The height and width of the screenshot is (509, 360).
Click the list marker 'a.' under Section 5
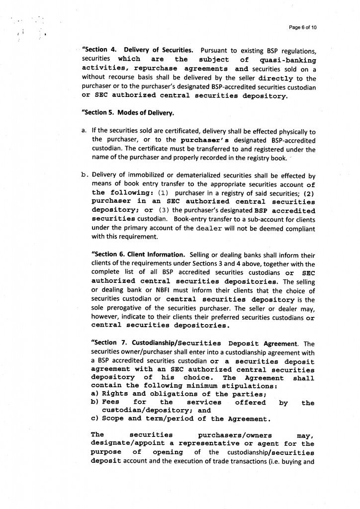[84, 131]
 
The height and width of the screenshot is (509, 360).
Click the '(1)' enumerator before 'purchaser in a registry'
[165, 193]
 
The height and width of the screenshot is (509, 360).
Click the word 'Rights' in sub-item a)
[115, 394]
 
